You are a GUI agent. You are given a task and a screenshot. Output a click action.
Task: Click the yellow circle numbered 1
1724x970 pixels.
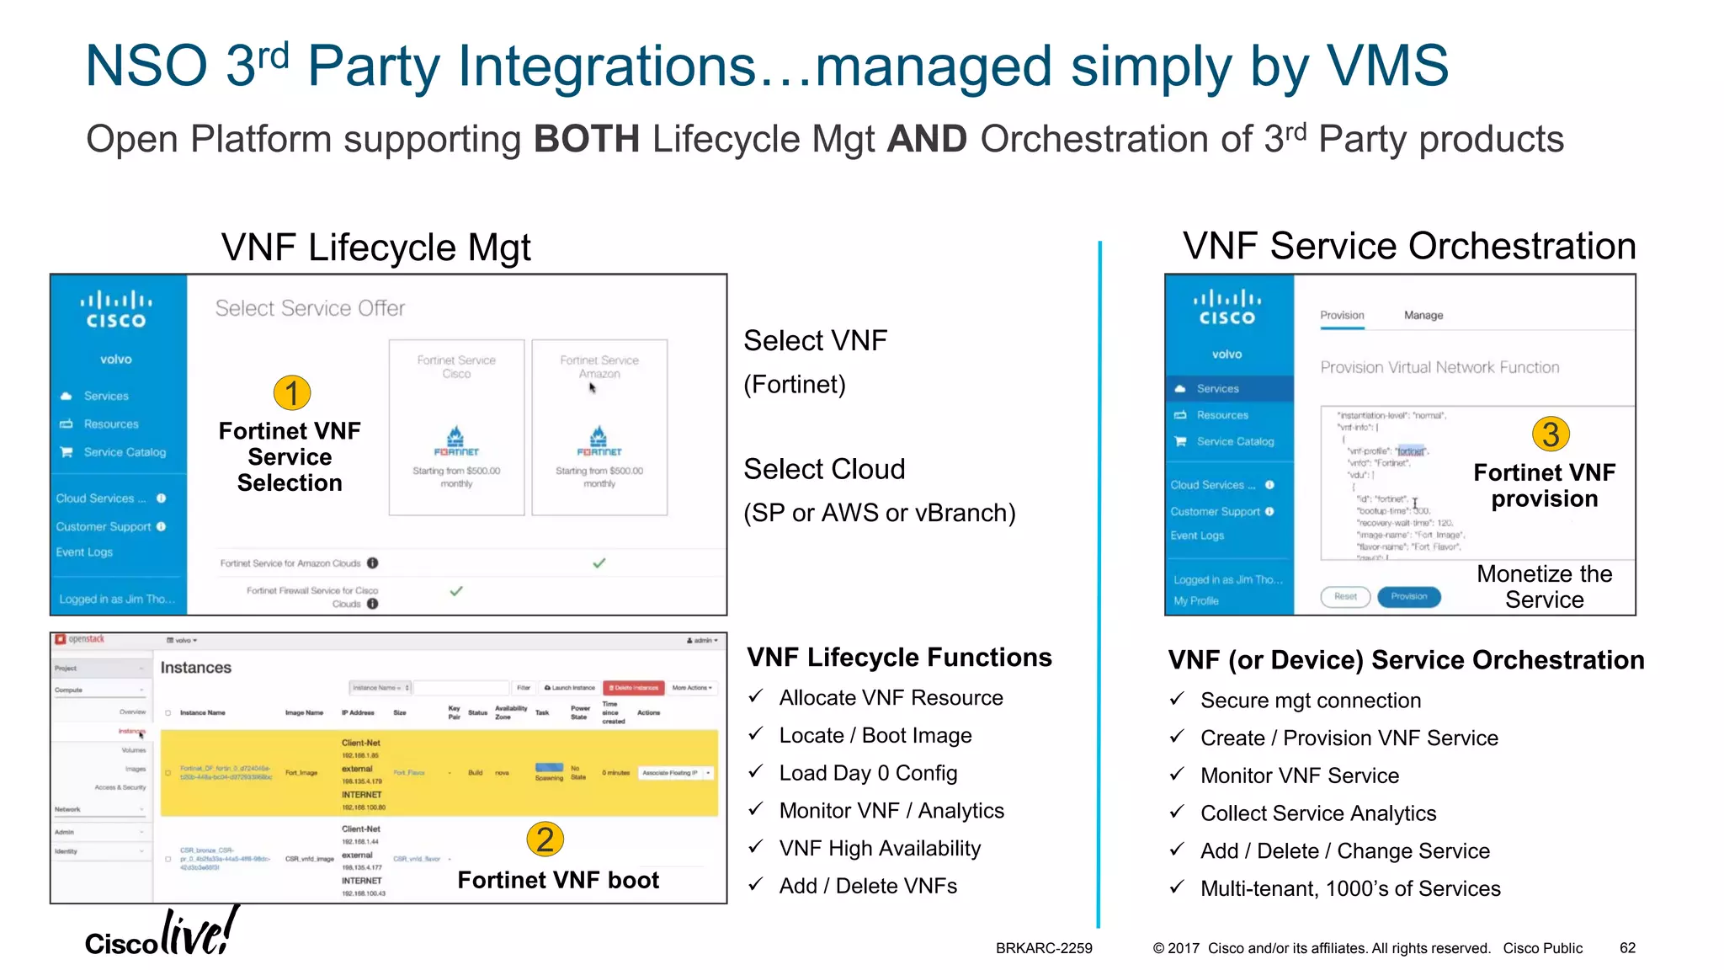point(292,393)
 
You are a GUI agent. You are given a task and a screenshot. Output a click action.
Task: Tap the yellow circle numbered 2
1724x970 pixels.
point(545,839)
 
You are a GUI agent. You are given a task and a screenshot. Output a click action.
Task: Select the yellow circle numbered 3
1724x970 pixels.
point(1551,434)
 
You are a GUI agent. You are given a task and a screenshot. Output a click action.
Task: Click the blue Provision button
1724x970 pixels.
point(1408,597)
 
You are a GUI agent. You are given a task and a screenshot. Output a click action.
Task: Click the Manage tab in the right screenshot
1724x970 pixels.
point(1423,316)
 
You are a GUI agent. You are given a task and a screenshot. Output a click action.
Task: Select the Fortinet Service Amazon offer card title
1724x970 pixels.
point(599,367)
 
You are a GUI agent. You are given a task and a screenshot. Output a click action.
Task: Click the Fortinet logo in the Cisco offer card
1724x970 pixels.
point(456,441)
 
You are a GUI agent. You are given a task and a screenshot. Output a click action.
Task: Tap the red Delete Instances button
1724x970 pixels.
point(635,688)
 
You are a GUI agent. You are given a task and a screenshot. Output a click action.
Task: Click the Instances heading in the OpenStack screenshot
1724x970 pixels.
point(195,668)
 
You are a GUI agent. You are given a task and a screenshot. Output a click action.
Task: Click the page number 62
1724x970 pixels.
point(1627,948)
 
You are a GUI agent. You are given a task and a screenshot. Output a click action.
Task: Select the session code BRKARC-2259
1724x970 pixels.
point(1044,948)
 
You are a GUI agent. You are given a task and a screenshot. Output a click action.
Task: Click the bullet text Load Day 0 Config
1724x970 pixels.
point(868,773)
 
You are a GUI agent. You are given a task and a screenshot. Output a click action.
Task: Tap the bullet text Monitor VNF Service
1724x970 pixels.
point(1299,775)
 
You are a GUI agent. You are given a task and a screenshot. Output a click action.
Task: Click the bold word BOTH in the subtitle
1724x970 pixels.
point(587,139)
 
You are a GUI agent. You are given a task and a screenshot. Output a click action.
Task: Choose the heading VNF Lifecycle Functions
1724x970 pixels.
point(899,658)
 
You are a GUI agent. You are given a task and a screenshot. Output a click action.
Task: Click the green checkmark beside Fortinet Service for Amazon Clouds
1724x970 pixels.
point(599,563)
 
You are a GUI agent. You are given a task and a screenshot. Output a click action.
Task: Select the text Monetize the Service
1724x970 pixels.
point(1544,587)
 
